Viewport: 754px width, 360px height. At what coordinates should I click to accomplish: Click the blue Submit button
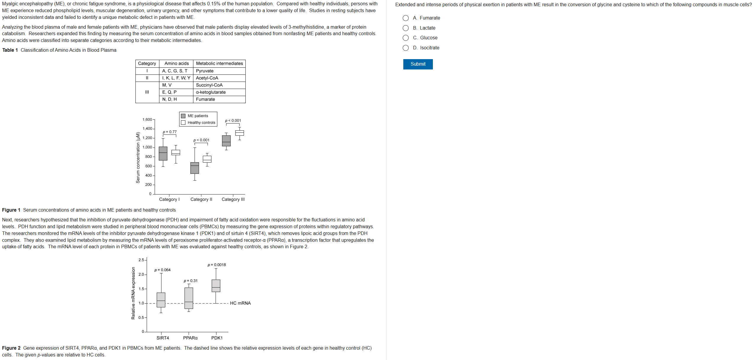(x=418, y=64)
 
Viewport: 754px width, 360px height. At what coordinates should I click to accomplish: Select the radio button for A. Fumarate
(x=406, y=18)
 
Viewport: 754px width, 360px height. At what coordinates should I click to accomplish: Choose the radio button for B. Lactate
(x=406, y=28)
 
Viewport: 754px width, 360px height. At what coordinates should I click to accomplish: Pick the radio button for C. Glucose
(x=406, y=38)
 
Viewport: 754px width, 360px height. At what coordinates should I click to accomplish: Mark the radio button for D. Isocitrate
(x=406, y=48)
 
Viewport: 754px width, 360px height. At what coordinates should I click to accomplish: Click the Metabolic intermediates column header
(x=219, y=64)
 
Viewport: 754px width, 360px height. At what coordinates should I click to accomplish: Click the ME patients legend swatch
(x=183, y=116)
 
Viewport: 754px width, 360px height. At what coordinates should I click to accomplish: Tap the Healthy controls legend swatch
(x=183, y=123)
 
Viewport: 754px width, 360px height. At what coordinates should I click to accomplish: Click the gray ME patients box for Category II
(x=195, y=168)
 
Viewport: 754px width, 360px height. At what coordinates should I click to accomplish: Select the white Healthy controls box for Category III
(x=240, y=133)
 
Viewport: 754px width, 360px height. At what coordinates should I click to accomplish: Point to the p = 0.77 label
(x=170, y=132)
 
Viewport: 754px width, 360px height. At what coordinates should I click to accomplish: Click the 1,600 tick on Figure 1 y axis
(x=147, y=120)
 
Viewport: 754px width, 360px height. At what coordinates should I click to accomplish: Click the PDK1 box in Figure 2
(x=216, y=286)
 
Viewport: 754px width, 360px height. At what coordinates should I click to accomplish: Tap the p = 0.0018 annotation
(x=216, y=265)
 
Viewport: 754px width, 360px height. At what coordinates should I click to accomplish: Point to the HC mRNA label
(x=240, y=303)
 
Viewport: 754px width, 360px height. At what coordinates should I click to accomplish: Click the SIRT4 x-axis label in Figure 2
(x=163, y=338)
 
